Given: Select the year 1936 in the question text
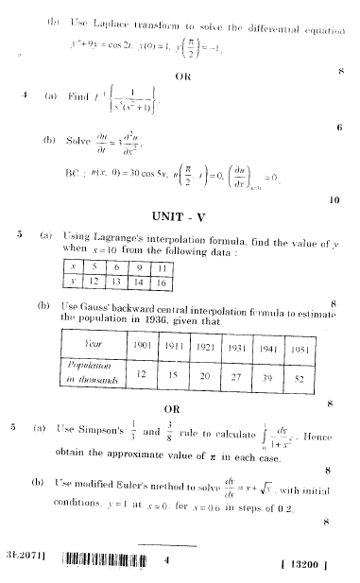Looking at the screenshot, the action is (x=163, y=320).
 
